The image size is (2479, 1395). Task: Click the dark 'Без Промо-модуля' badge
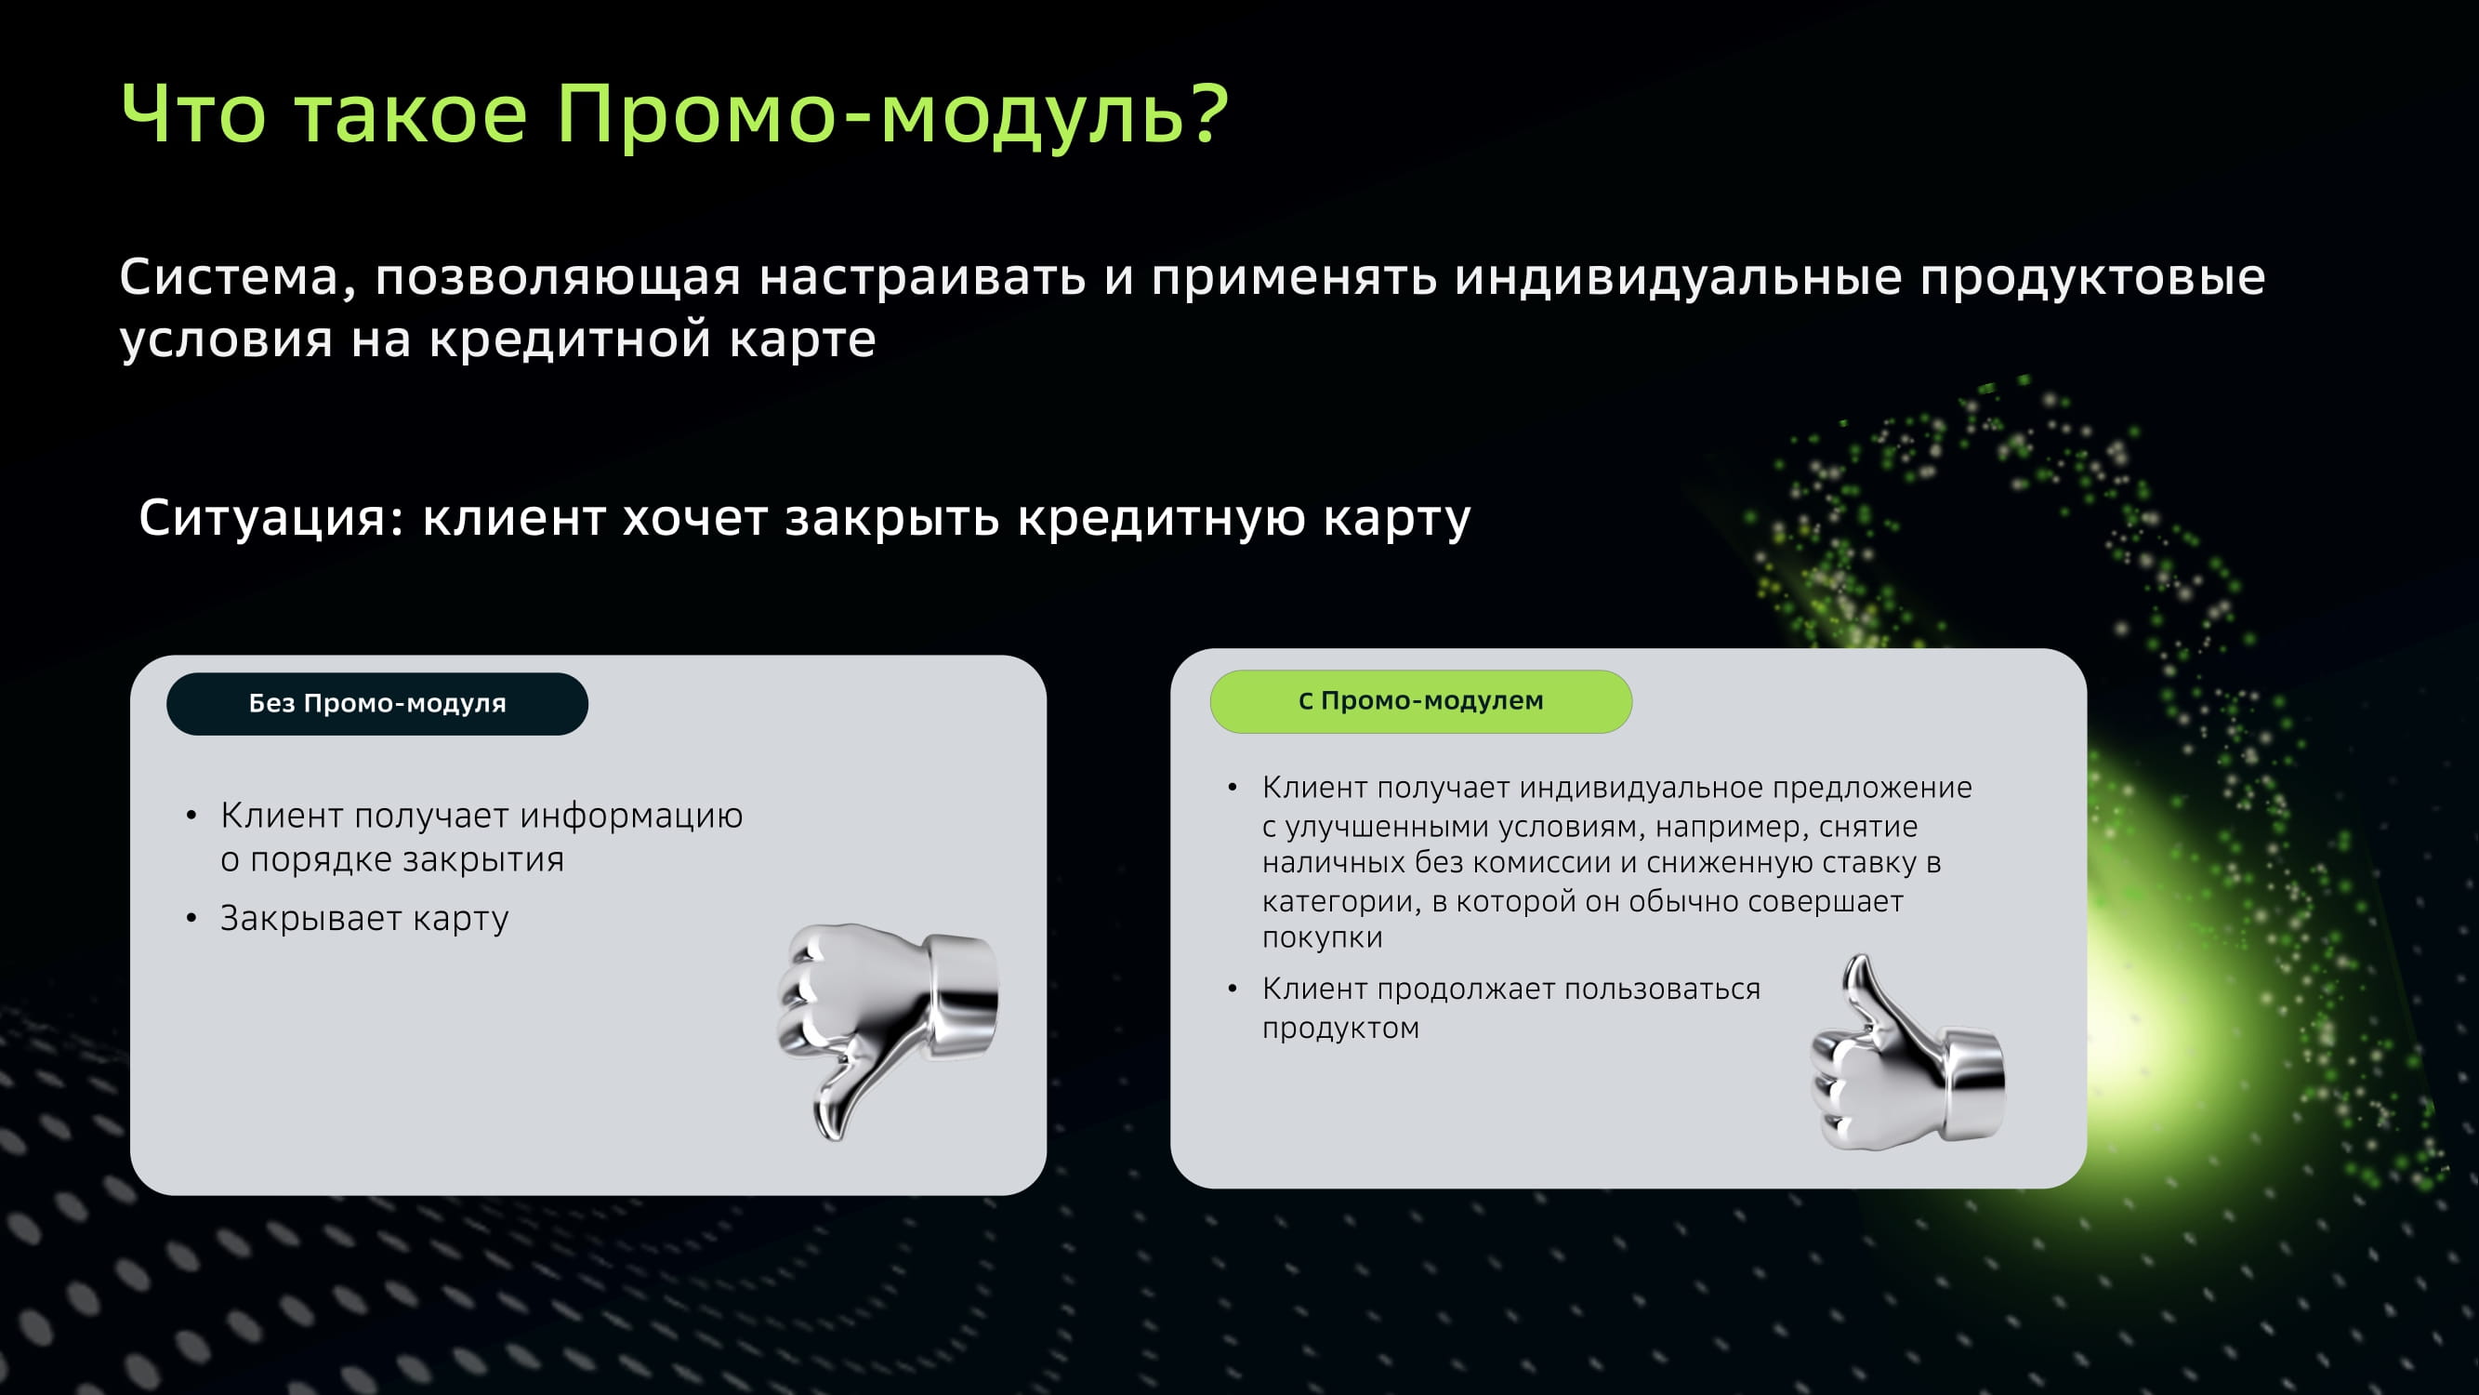[x=377, y=704]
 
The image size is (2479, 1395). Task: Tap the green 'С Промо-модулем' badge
[x=1420, y=701]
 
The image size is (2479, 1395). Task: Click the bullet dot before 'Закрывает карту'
[x=191, y=919]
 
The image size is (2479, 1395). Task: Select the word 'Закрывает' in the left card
[x=310, y=919]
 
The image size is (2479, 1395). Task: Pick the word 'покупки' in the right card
[x=1323, y=937]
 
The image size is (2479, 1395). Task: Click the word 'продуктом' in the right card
[x=1340, y=1030]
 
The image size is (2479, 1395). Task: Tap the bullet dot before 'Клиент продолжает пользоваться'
[x=1232, y=989]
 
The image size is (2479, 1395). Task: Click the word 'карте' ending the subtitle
[x=802, y=339]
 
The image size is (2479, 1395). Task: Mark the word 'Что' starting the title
[x=192, y=114]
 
